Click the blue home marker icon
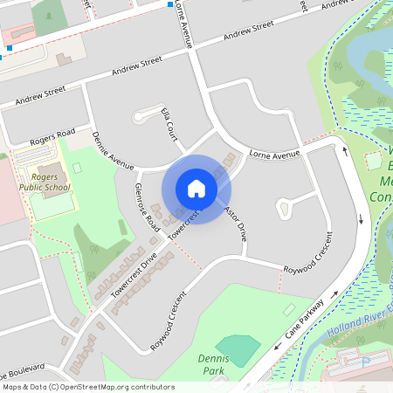(x=196, y=189)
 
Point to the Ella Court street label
(x=170, y=123)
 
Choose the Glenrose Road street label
(x=147, y=207)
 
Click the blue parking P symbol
(x=365, y=360)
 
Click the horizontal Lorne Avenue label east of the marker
(x=274, y=155)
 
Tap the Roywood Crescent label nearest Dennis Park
(x=169, y=320)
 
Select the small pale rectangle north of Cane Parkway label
(x=288, y=310)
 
